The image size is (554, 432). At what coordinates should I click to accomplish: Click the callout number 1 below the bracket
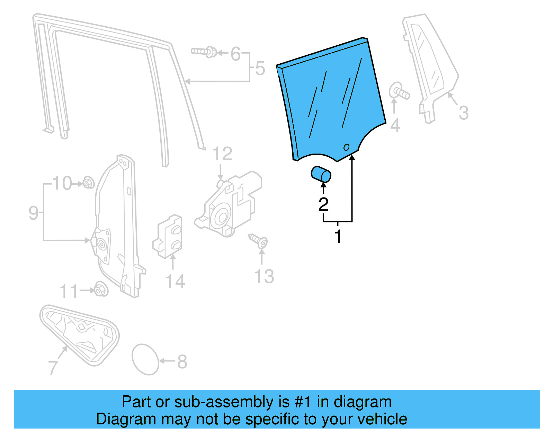pos(338,237)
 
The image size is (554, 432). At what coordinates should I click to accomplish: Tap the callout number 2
pos(323,204)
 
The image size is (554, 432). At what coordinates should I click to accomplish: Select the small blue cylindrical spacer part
pos(321,174)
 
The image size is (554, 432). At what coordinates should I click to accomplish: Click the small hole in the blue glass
pos(346,147)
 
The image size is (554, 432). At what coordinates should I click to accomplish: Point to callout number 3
pos(464,113)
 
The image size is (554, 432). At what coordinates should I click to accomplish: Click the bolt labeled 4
pos(399,91)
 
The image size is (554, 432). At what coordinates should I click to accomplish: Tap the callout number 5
pos(260,68)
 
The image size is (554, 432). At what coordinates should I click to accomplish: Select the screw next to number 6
pos(204,52)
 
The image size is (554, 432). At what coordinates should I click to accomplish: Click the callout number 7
pos(53,367)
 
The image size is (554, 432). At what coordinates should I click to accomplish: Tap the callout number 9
pos(33,213)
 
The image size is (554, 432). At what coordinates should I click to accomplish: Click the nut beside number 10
pos(89,182)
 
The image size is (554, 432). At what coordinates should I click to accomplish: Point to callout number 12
pos(222,154)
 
